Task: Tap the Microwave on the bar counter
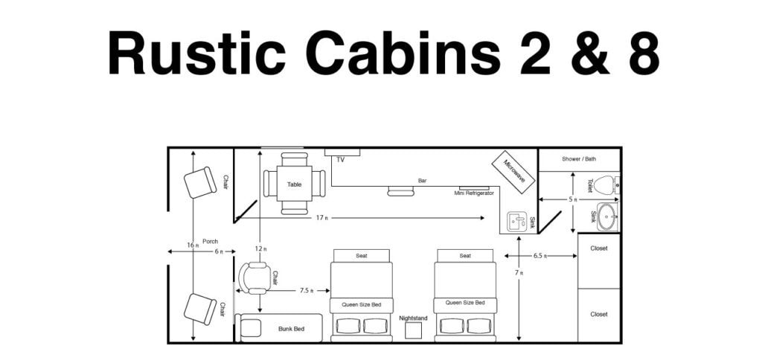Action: pos(513,172)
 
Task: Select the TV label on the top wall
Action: pos(341,159)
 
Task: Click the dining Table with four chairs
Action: pos(294,183)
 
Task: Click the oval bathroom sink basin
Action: pos(608,216)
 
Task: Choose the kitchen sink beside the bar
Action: pos(516,221)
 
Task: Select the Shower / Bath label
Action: pos(578,158)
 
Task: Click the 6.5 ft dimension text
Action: pos(541,256)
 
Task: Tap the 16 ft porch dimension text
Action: pos(190,245)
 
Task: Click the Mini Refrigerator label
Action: pos(474,193)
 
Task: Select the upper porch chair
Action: pos(199,182)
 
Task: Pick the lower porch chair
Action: pos(199,309)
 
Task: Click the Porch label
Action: pos(210,241)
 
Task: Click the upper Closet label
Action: pos(598,248)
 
